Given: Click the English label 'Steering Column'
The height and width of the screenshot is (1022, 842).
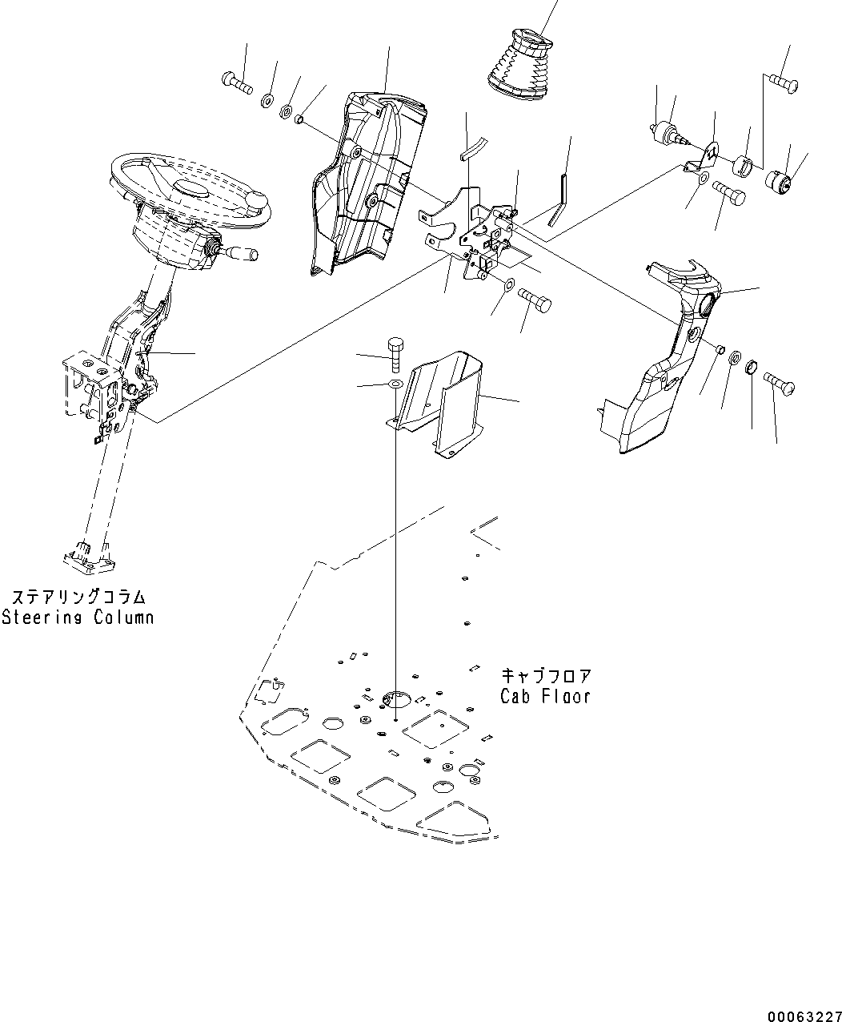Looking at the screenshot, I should coord(77,618).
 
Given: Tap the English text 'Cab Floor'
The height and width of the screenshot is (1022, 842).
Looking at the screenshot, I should coord(545,696).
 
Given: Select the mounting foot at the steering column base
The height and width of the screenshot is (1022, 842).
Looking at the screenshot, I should coord(83,556).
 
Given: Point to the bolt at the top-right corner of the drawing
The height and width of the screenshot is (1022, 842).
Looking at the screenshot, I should coord(782,82).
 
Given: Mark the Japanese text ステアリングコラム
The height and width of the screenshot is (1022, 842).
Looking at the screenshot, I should coord(78,598).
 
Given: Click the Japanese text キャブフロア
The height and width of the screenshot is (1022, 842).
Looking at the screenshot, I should coord(547,674).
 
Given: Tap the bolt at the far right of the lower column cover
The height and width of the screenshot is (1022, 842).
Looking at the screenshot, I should coord(780,383).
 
